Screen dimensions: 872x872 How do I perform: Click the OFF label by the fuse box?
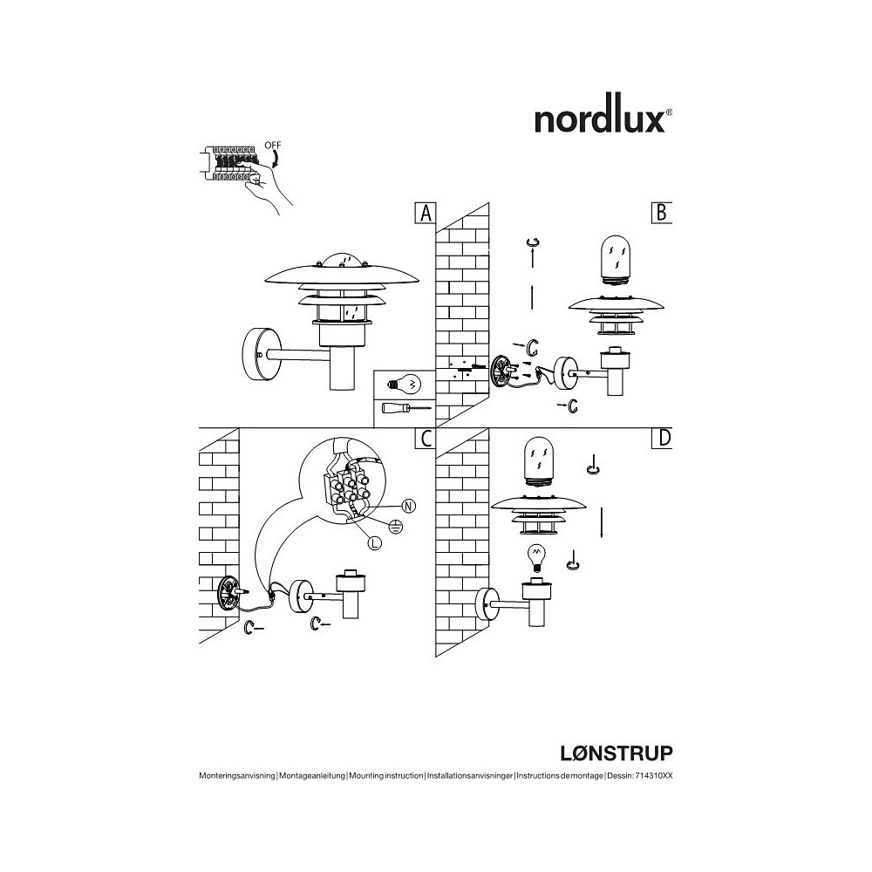tap(272, 145)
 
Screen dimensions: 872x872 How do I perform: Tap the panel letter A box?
tap(426, 213)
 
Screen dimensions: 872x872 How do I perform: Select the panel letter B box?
tap(662, 213)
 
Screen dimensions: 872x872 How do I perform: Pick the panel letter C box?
tap(426, 439)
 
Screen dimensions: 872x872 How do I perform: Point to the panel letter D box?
tap(662, 439)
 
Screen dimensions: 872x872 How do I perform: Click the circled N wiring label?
tap(409, 506)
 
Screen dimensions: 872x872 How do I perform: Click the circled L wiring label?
tap(375, 543)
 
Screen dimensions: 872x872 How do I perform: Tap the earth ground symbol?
tap(395, 526)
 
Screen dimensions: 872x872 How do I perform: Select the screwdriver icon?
tap(405, 407)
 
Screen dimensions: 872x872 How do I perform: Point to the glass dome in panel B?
tap(617, 260)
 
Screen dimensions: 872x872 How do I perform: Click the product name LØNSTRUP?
tap(616, 753)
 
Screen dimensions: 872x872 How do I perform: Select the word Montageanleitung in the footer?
tap(312, 776)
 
